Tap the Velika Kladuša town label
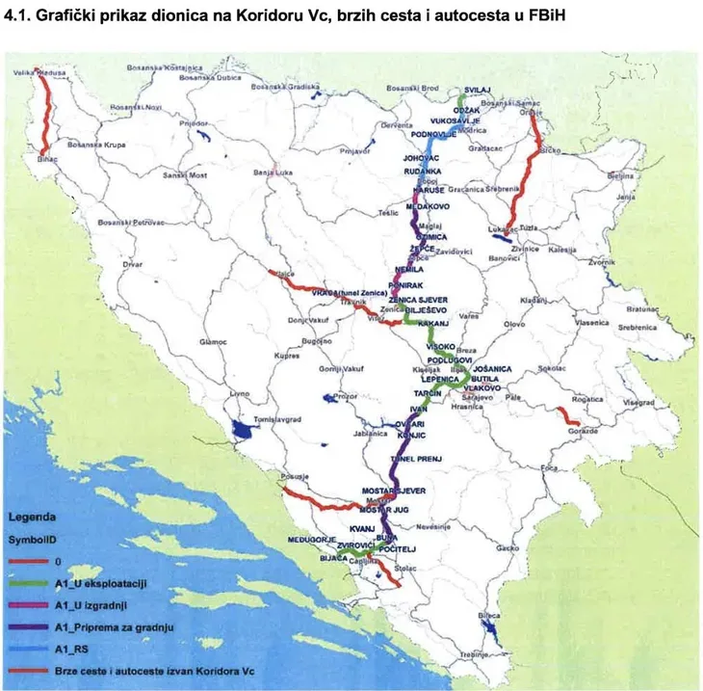33,72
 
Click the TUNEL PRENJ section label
417,459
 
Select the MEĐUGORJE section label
313,539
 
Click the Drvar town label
132,263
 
